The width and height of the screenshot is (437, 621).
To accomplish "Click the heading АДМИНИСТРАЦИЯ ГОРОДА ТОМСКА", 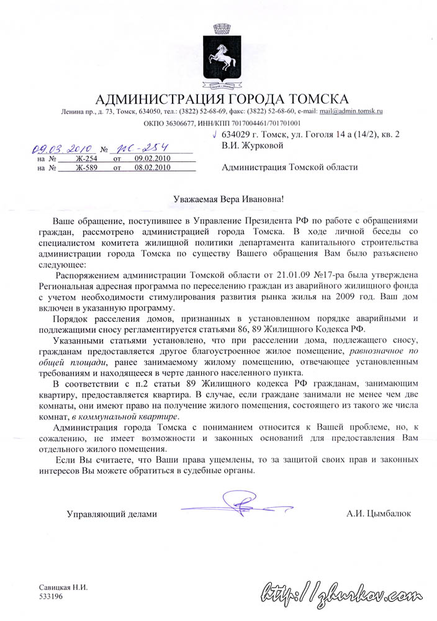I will (x=222, y=99).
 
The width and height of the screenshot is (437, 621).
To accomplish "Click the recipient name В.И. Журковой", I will (x=253, y=146).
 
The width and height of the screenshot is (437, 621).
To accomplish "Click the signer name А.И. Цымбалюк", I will (x=379, y=514).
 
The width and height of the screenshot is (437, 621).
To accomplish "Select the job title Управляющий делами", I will (x=112, y=514).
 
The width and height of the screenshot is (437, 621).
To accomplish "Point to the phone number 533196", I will (x=52, y=596).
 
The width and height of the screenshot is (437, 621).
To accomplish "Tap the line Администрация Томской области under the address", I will (x=289, y=167).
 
